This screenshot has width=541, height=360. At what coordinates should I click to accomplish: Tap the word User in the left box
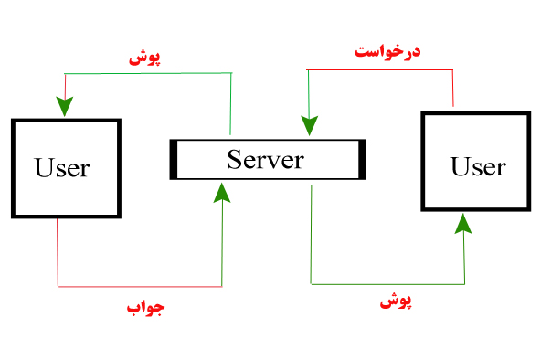tap(62, 167)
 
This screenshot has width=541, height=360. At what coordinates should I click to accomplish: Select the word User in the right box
tap(478, 166)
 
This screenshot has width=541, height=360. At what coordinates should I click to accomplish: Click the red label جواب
tap(146, 308)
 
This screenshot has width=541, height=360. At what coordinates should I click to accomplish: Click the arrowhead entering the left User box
tap(63, 106)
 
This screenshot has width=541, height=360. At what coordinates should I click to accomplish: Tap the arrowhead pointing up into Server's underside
tap(222, 192)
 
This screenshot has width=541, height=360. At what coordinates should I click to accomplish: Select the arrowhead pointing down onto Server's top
tap(311, 128)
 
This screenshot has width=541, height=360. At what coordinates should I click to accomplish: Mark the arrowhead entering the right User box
tap(464, 225)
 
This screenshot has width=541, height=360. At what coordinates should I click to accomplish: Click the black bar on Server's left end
tap(173, 159)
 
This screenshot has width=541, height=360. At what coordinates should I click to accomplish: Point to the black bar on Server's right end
tap(362, 159)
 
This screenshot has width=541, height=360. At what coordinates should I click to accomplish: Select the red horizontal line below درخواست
tap(380, 69)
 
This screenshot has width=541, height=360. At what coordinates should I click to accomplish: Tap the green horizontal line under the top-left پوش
tap(146, 74)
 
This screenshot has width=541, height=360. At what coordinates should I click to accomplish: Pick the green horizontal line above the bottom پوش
tap(387, 283)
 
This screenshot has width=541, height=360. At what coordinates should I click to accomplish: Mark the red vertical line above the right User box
tap(453, 89)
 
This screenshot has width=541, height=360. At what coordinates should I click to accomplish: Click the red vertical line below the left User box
tap(58, 251)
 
